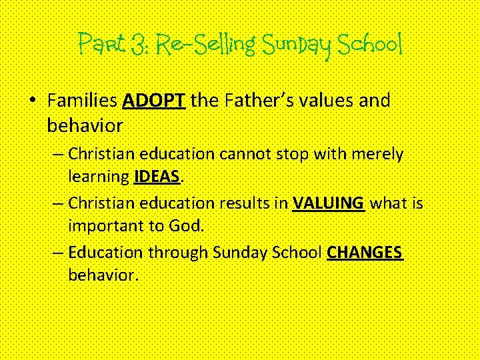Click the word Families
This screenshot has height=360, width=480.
83,101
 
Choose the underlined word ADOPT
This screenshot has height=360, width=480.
155,101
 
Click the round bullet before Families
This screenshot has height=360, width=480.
33,101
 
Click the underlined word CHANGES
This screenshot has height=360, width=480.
365,253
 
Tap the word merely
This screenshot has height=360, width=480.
379,155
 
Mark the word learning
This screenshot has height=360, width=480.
98,176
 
